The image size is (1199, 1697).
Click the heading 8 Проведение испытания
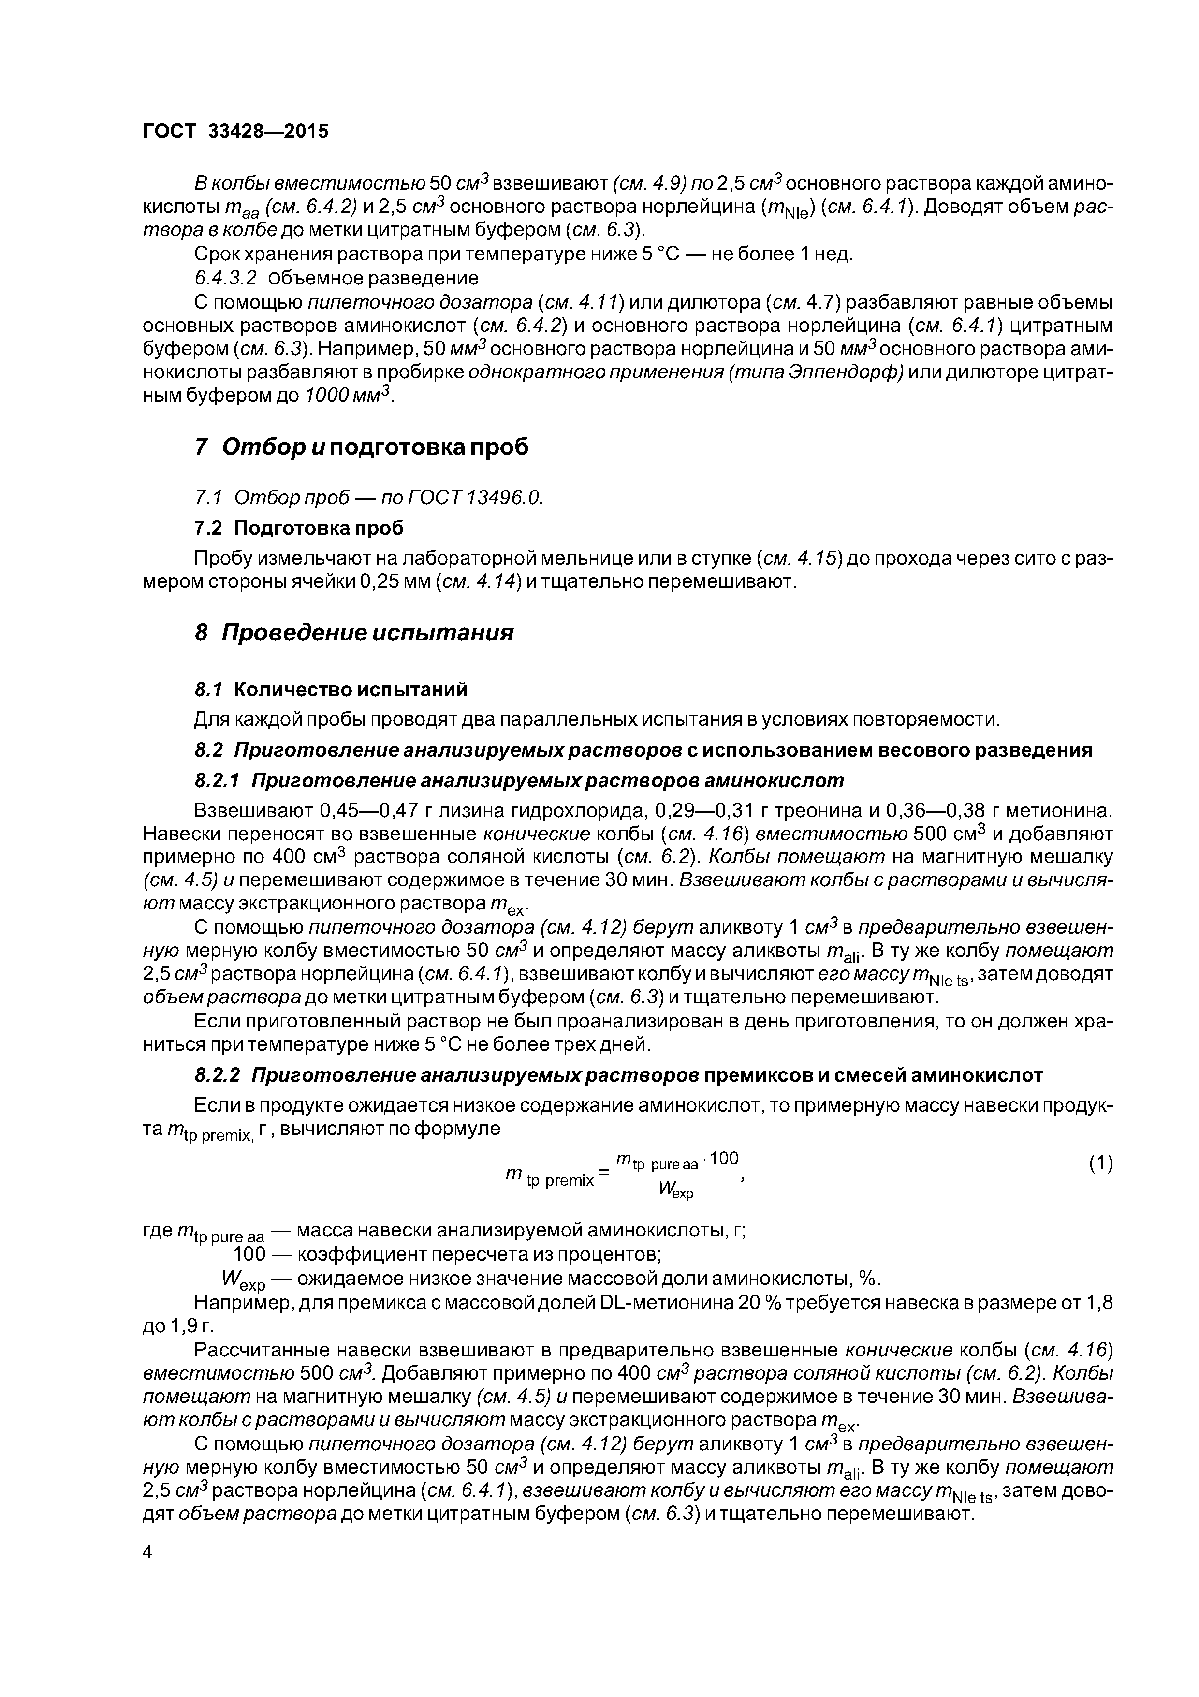tap(353, 633)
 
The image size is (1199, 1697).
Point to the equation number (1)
tap(1100, 1163)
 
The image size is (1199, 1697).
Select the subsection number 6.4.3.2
tap(225, 278)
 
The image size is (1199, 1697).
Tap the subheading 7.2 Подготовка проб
tap(298, 528)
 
